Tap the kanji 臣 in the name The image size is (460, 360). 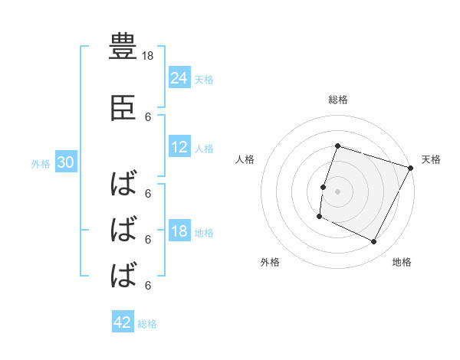pos(123,110)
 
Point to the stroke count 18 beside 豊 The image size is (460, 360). pos(149,56)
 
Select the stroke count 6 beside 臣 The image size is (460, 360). pos(148,117)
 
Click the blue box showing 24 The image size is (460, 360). pos(179,77)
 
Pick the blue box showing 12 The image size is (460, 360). pos(179,148)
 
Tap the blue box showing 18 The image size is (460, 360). pos(179,232)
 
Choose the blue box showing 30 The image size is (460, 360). pos(65,163)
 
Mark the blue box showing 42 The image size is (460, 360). pos(123,322)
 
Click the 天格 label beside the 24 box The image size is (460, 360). pos(204,79)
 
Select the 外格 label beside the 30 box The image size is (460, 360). pos(41,164)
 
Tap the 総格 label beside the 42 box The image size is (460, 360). pos(147,324)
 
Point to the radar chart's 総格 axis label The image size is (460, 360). pos(337,100)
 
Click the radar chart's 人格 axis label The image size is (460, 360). pos(245,159)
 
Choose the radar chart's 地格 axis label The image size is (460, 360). pos(402,263)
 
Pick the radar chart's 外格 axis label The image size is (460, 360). pos(270,263)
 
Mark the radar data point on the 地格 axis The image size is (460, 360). pos(374,242)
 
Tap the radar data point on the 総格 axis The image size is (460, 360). pos(337,146)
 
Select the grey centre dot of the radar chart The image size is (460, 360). pos(337,191)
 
